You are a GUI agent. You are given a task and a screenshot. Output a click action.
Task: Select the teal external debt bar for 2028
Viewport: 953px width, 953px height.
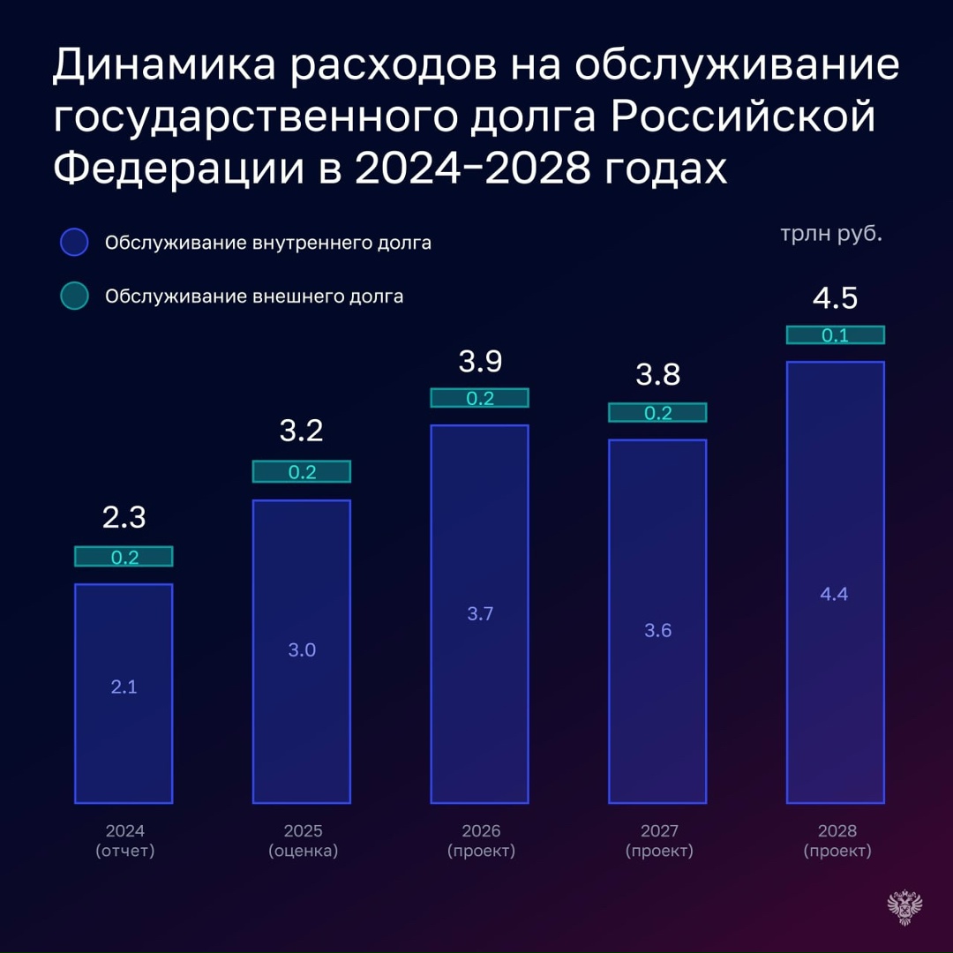click(835, 335)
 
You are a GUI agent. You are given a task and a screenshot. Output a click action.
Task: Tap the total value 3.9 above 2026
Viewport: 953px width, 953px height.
click(479, 362)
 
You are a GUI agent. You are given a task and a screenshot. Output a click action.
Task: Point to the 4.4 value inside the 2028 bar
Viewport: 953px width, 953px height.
click(834, 594)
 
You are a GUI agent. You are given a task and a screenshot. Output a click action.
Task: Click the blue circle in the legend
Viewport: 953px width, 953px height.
click(74, 243)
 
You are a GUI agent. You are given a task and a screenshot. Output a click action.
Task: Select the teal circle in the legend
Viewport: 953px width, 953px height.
click(74, 296)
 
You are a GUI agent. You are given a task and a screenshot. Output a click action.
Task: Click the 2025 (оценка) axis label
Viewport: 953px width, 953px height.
click(303, 841)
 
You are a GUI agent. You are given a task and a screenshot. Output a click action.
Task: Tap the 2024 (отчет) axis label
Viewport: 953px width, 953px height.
click(124, 841)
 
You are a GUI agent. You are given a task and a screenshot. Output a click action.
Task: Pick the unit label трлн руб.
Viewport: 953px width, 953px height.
click(830, 236)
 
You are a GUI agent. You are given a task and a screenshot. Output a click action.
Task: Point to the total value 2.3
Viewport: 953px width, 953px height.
click(124, 517)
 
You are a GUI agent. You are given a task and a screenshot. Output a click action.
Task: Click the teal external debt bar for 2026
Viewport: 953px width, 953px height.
click(479, 398)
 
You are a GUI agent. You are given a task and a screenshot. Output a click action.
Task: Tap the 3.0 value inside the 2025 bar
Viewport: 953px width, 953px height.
click(302, 650)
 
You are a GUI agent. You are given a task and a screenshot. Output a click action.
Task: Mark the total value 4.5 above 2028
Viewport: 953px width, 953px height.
click(835, 298)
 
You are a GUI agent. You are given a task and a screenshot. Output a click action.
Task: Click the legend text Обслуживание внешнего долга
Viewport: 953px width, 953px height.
click(254, 296)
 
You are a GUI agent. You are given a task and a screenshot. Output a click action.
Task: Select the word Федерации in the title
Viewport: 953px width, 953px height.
click(171, 168)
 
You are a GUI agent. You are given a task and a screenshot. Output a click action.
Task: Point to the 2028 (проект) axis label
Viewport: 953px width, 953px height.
click(837, 841)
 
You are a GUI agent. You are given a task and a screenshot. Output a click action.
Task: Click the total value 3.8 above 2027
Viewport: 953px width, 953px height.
click(657, 375)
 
